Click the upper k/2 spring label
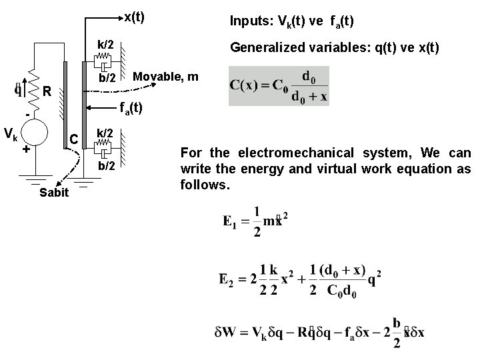pos(106,45)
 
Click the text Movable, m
pos(166,77)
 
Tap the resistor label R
pos(47,91)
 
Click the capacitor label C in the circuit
pos(75,139)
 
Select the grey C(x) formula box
pos(278,85)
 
